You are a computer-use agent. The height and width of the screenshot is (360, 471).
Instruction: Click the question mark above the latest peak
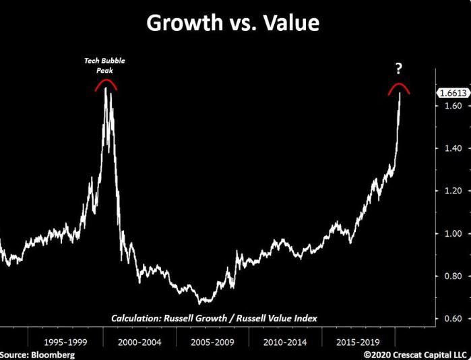(399, 68)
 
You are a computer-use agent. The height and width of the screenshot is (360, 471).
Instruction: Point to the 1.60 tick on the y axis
(449, 106)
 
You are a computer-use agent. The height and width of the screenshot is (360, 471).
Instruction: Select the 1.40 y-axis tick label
(449, 148)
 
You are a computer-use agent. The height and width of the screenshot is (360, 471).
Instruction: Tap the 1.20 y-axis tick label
(449, 191)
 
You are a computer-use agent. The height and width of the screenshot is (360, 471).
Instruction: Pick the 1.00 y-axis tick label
(449, 233)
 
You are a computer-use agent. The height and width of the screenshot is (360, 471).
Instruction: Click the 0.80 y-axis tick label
(449, 276)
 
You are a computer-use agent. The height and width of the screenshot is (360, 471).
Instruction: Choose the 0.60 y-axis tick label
(449, 318)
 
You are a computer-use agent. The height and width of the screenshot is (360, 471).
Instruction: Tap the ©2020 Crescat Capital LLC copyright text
(415, 354)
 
